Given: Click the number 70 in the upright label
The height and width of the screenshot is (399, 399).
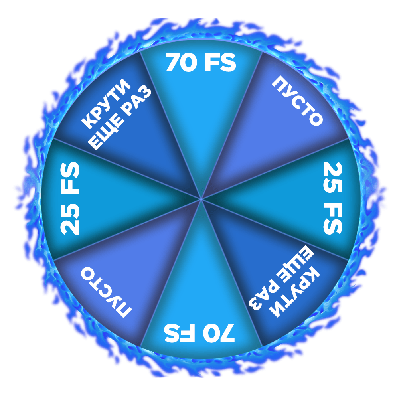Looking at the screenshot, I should pyautogui.click(x=182, y=63).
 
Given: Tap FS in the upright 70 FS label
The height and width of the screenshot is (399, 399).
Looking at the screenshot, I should pyautogui.click(x=219, y=63).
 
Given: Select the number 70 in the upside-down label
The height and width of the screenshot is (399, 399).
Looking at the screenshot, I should pyautogui.click(x=219, y=334).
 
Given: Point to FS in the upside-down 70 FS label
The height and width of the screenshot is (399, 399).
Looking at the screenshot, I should pyautogui.click(x=180, y=334).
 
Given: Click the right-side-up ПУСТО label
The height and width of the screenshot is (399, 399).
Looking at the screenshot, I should pyautogui.click(x=297, y=101).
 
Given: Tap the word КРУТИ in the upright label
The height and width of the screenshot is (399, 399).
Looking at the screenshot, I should pyautogui.click(x=105, y=103).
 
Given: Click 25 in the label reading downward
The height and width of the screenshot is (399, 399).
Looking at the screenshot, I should pyautogui.click(x=332, y=175).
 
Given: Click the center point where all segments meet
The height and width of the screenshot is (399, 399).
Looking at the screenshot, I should pyautogui.click(x=201, y=198).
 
